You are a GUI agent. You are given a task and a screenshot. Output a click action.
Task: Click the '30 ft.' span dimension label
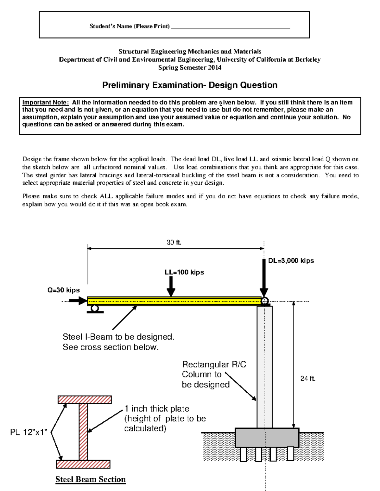coord(174,242)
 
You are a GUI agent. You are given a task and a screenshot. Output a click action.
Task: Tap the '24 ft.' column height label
coord(308,378)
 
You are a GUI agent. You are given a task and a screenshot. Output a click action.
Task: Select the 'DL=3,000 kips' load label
coord(291,261)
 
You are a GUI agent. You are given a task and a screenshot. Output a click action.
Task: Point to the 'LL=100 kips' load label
coord(184,272)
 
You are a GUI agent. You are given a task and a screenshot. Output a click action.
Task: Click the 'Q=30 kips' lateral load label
coord(64,290)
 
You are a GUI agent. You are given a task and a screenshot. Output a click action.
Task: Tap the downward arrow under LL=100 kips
coord(171,286)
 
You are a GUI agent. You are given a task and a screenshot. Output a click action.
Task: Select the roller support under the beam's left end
coord(95,309)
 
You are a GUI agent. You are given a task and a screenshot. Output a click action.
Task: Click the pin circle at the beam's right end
coord(264,301)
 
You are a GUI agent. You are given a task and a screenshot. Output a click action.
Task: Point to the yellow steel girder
coord(174,301)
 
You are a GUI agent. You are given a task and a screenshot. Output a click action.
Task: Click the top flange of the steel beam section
coord(85,400)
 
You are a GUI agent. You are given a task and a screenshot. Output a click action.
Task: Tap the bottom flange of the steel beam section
coord(83,464)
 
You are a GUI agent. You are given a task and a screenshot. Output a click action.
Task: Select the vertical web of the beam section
coord(83,432)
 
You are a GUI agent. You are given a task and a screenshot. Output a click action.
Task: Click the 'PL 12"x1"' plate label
coord(29,432)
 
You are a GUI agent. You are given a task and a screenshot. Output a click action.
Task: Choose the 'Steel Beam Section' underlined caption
coord(91,479)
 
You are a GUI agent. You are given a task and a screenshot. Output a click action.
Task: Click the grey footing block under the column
coord(267,438)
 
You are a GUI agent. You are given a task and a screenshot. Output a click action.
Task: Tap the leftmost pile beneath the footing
coord(243,454)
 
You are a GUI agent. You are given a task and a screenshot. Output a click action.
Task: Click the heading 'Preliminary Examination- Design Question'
coord(190,85)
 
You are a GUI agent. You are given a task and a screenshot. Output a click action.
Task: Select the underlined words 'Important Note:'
coord(46,102)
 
